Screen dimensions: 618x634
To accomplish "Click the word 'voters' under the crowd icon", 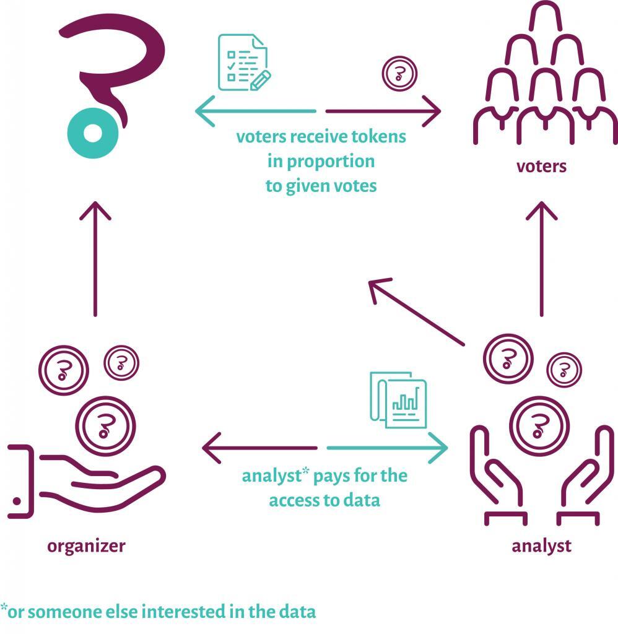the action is click(x=541, y=166).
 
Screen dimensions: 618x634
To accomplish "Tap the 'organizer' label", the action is click(x=86, y=547).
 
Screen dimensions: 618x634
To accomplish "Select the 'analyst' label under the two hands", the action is click(x=541, y=547).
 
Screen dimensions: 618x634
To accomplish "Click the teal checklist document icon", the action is click(x=244, y=63).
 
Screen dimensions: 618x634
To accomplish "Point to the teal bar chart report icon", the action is click(x=398, y=400).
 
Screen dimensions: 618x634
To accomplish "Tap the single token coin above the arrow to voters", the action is click(x=399, y=74).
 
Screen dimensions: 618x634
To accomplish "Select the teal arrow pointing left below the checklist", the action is click(x=256, y=111).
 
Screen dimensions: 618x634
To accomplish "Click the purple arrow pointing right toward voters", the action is click(x=383, y=111).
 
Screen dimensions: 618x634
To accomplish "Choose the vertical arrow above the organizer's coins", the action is click(x=95, y=259).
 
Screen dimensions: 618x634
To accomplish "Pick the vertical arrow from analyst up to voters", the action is click(x=542, y=259).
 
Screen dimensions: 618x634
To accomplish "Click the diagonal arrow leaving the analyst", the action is click(x=417, y=312).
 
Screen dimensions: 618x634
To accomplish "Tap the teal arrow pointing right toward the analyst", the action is click(x=388, y=448).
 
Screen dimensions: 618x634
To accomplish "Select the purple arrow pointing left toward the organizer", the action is click(x=259, y=448).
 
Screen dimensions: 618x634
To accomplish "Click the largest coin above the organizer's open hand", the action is click(x=105, y=426).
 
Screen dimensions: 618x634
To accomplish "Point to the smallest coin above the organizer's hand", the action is click(x=121, y=363).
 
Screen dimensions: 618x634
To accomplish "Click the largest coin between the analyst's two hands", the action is click(x=539, y=426).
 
